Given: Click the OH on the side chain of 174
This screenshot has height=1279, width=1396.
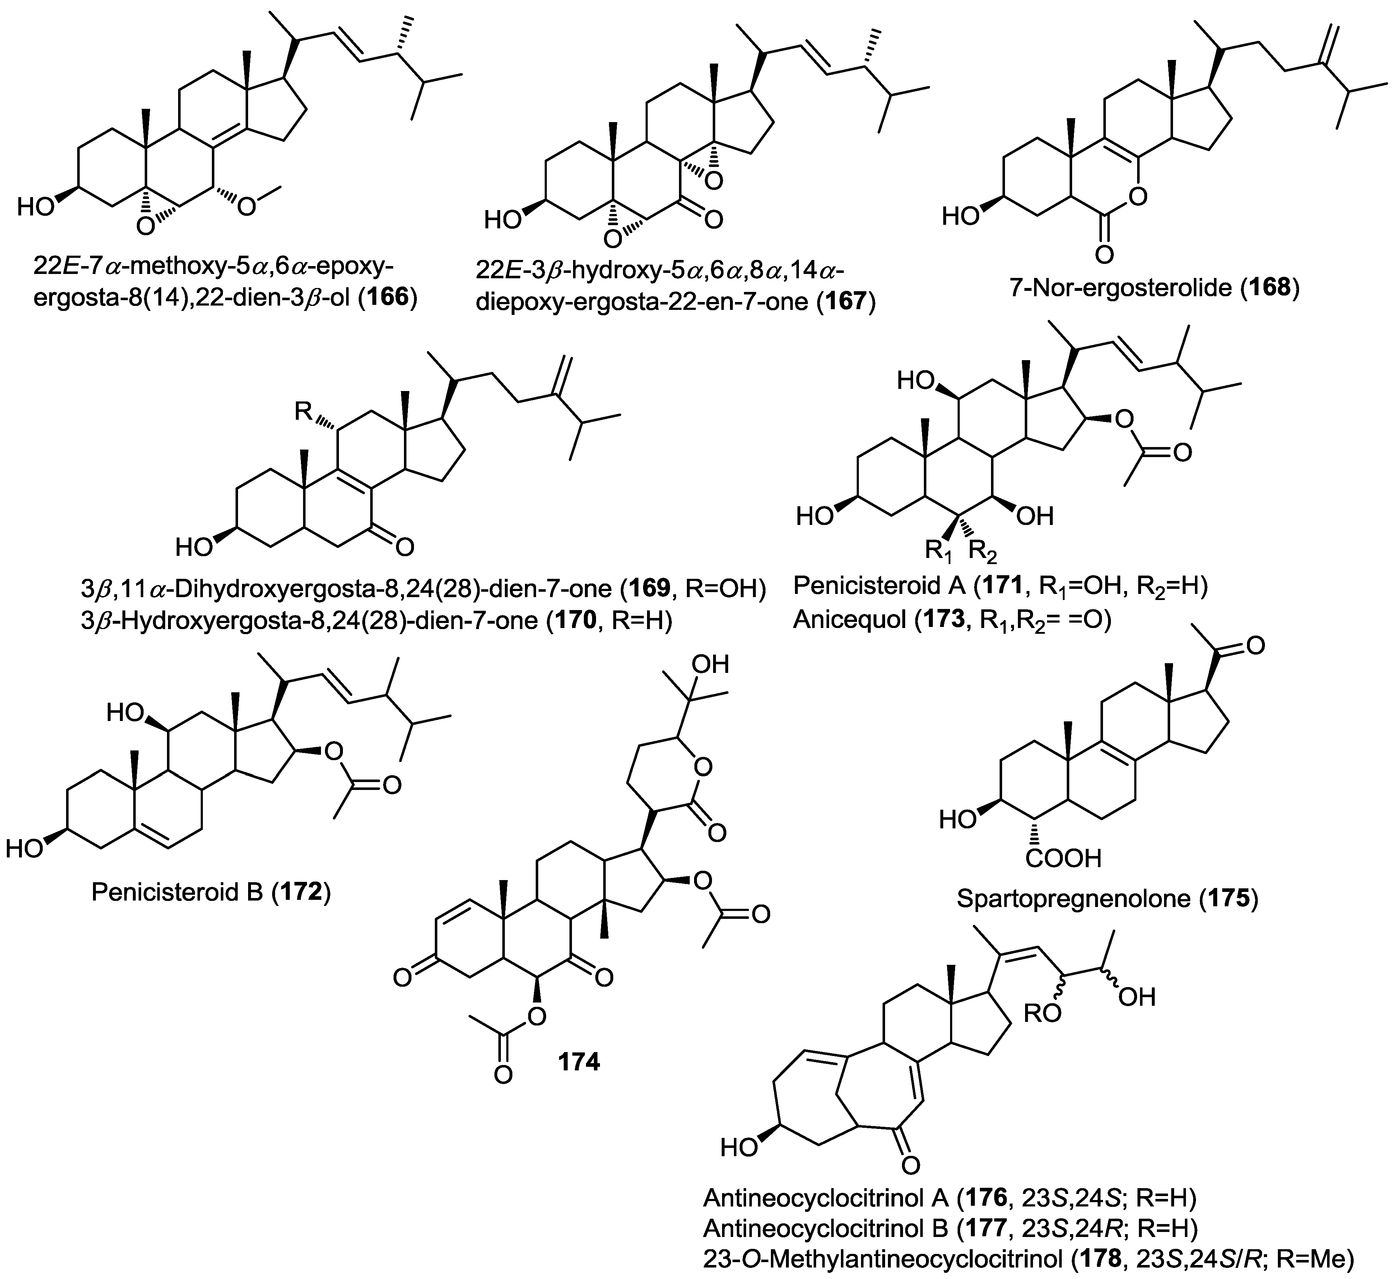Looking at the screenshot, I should (711, 665).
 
